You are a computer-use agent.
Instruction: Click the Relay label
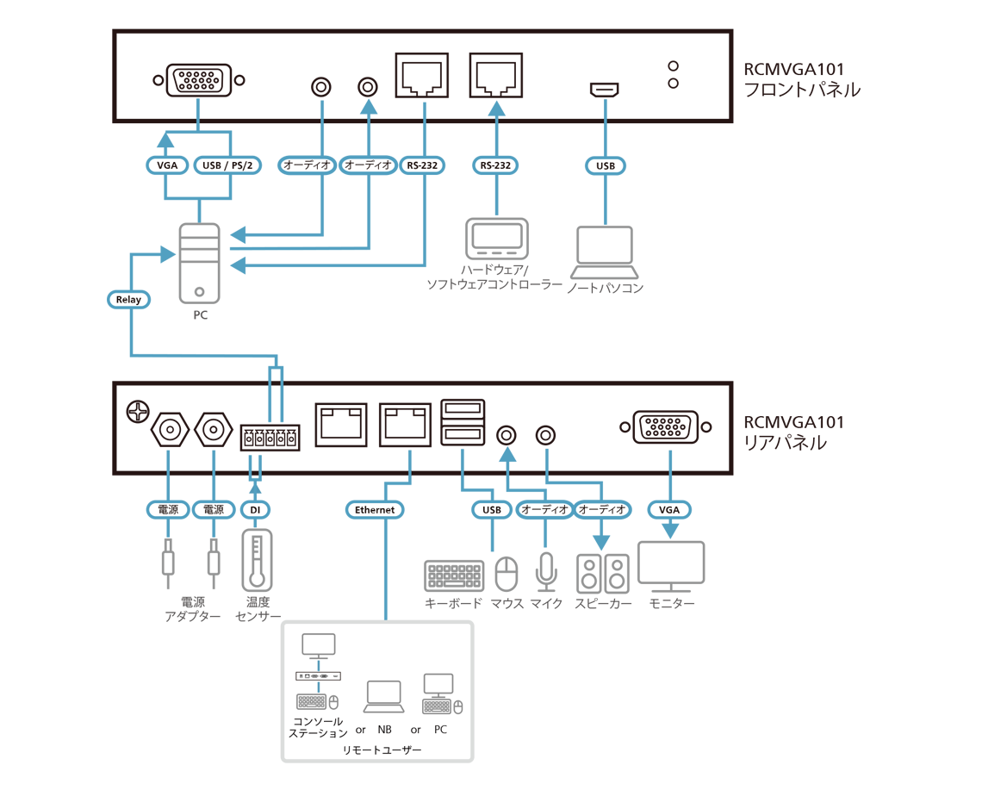coord(127,300)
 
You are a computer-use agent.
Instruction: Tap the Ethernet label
coord(375,510)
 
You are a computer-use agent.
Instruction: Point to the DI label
coord(255,510)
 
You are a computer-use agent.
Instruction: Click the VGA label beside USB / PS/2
coord(167,165)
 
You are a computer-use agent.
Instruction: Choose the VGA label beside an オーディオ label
coord(669,510)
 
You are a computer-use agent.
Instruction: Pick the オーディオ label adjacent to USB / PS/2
coord(308,165)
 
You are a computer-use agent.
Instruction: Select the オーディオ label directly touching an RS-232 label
coord(368,165)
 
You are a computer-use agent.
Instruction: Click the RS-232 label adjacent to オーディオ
coord(422,165)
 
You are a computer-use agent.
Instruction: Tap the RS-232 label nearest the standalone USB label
coord(496,165)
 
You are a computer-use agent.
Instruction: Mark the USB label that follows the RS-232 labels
coord(606,165)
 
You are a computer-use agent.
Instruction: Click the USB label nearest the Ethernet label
coord(491,510)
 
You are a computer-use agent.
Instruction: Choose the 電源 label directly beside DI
coord(214,510)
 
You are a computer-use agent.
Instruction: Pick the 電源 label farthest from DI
coord(168,510)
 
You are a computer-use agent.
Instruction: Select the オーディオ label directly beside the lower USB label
coord(545,510)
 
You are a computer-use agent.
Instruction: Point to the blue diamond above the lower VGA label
coord(669,457)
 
